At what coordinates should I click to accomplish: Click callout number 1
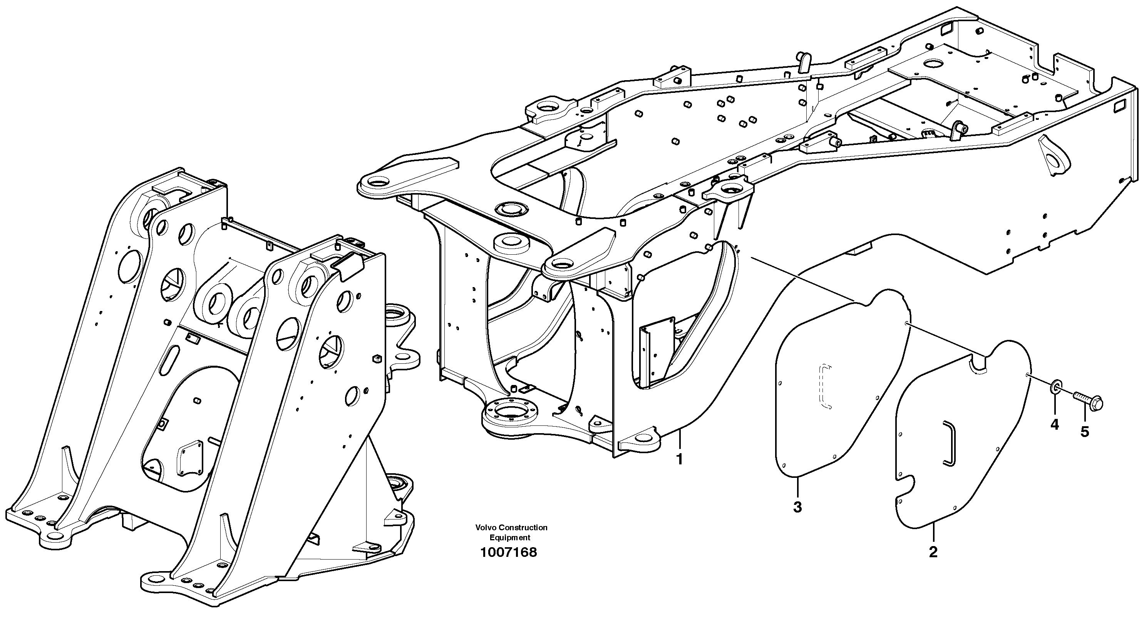(x=679, y=459)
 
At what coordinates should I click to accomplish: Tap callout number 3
(x=797, y=507)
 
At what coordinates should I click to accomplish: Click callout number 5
(x=1085, y=432)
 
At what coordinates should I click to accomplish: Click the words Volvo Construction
(x=511, y=528)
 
